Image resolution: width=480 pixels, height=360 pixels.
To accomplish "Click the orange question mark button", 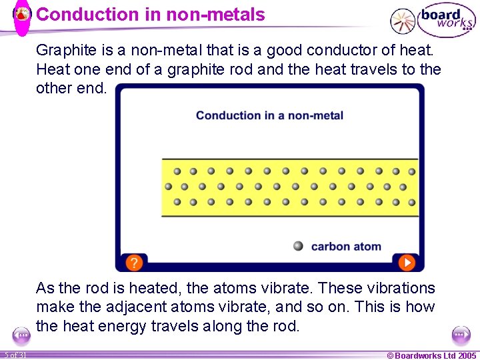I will coord(134,262).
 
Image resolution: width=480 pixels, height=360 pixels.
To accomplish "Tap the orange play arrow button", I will coord(406,262).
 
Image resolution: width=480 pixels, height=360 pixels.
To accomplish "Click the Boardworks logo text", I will coord(445,20).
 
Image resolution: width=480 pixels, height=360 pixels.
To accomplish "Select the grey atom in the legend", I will coord(298,246).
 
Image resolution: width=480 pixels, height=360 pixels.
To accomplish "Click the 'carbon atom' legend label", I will coord(346,247).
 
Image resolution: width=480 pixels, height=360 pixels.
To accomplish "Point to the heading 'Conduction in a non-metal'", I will coord(269,115).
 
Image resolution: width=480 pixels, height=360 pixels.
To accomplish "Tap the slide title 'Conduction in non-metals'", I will coord(150,15).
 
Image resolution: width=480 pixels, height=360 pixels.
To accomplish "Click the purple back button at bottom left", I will coord(21,335).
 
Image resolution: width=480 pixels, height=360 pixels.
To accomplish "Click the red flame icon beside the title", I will coord(23,14).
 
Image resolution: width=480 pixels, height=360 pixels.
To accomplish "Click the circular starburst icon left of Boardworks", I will coord(402,21).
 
